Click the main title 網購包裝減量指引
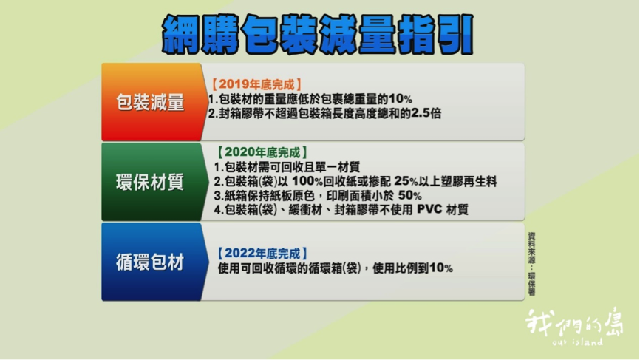[318, 35]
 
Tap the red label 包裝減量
[150, 102]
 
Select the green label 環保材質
[150, 182]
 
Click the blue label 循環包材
[150, 262]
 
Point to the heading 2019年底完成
[256, 84]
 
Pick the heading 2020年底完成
[262, 152]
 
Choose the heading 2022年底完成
[262, 254]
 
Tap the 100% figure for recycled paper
[307, 181]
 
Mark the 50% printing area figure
[410, 195]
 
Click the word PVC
[429, 210]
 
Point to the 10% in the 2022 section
[441, 268]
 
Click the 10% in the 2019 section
[401, 99]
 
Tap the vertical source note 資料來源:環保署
[531, 264]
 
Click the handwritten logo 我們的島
[574, 322]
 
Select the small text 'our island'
[577, 342]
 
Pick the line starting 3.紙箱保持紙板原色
[318, 195]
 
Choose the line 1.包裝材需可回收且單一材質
[287, 167]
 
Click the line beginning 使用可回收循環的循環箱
[335, 268]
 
